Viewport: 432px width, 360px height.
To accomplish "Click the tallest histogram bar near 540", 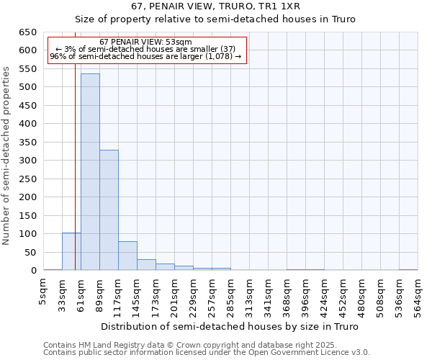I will (x=90, y=172).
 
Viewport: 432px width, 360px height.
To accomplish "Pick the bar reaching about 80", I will (x=127, y=256).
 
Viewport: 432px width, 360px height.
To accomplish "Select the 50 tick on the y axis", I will (x=31, y=252).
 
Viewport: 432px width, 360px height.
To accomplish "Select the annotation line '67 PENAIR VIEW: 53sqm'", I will (x=145, y=42).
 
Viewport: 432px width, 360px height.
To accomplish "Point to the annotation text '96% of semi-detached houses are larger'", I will (x=145, y=57).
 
